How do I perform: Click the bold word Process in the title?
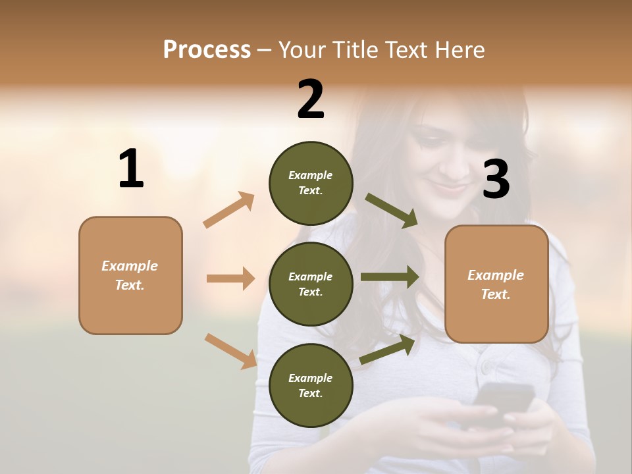pyautogui.click(x=207, y=50)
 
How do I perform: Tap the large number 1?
pyautogui.click(x=131, y=169)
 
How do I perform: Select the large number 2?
pyautogui.click(x=311, y=99)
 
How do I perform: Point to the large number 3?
pyautogui.click(x=496, y=179)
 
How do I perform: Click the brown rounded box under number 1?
pyautogui.click(x=130, y=275)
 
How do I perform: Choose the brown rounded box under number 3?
pyautogui.click(x=496, y=284)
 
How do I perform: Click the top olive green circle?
pyautogui.click(x=311, y=183)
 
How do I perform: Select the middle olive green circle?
pyautogui.click(x=311, y=284)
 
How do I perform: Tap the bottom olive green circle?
pyautogui.click(x=311, y=385)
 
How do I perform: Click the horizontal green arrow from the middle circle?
pyautogui.click(x=389, y=276)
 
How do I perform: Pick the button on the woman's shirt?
pyautogui.click(x=485, y=366)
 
